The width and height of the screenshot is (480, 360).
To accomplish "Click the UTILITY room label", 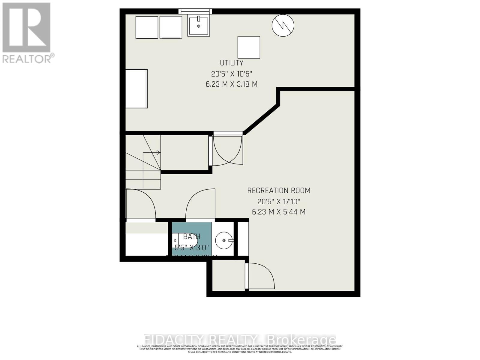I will pyautogui.click(x=231, y=63).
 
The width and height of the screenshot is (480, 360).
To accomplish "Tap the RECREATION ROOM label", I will pyautogui.click(x=279, y=190).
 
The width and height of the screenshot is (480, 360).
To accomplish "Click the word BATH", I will pyautogui.click(x=192, y=237).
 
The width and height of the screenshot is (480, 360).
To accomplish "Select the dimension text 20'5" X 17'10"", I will pyautogui.click(x=279, y=201).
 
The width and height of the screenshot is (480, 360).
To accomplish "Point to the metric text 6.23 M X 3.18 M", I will pyautogui.click(x=231, y=84).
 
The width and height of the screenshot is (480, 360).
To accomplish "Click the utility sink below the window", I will pyautogui.click(x=199, y=26).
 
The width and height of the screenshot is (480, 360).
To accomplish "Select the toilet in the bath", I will pyautogui.click(x=186, y=240).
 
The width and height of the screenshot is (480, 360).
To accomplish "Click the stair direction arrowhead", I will pyautogui.click(x=159, y=153).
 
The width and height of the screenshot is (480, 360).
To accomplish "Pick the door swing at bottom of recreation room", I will pyautogui.click(x=260, y=276).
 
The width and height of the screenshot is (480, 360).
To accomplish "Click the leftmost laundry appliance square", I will pyautogui.click(x=147, y=27).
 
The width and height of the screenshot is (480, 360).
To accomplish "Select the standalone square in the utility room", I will pyautogui.click(x=249, y=47).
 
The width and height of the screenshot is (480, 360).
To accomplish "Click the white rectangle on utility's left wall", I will pyautogui.click(x=136, y=89).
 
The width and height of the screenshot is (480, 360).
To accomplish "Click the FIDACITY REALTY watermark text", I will pyautogui.click(x=240, y=340).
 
